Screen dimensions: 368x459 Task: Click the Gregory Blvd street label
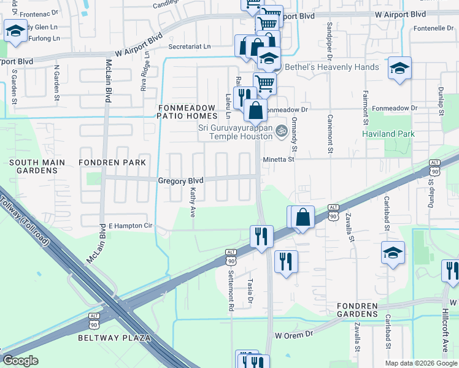pyautogui.click(x=180, y=181)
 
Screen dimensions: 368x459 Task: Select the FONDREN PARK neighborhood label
pyautogui.click(x=112, y=163)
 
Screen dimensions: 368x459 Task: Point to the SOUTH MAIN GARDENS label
pyautogui.click(x=34, y=167)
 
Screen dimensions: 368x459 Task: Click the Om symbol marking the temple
pyautogui.click(x=282, y=130)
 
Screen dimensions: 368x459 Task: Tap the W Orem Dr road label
pyautogui.click(x=294, y=335)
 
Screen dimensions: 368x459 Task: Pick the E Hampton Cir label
pyautogui.click(x=130, y=226)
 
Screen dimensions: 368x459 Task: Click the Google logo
pyautogui.click(x=20, y=361)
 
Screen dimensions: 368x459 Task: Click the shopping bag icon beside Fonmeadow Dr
pyautogui.click(x=255, y=110)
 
